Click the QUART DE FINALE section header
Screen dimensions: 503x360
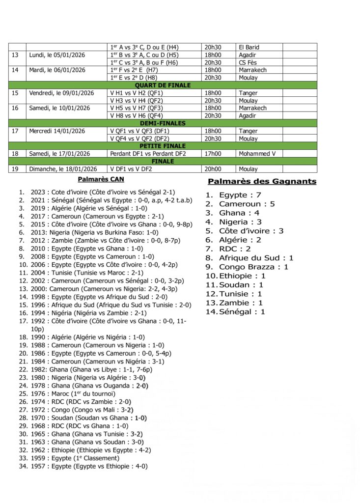[x=163, y=85]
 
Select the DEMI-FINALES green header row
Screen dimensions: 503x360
[x=163, y=123]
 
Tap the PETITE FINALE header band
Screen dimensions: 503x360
[x=163, y=146]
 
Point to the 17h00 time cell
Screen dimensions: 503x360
[x=212, y=154]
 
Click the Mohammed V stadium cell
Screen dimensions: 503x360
[x=257, y=154]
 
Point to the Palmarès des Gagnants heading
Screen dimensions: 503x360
[x=262, y=182]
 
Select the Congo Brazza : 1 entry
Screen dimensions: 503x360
[x=253, y=267]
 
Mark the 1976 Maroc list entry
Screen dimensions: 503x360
[x=77, y=394]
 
